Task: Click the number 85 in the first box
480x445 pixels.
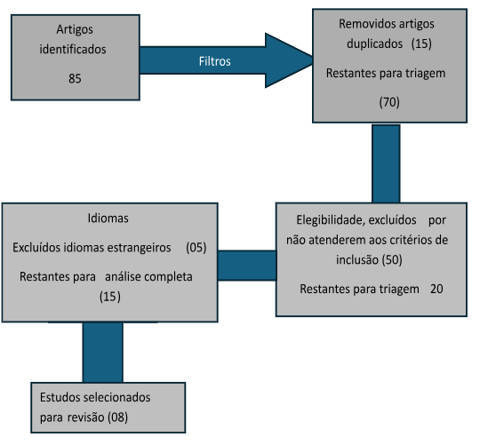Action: (x=75, y=78)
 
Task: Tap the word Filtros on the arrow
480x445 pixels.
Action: (x=214, y=61)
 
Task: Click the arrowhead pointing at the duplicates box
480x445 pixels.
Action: (x=289, y=60)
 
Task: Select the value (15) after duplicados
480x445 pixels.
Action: (x=421, y=44)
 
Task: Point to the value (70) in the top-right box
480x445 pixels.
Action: (x=389, y=102)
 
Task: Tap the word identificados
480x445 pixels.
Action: (x=73, y=49)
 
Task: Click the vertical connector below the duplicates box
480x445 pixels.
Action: (x=386, y=163)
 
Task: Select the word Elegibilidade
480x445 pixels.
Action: (x=331, y=220)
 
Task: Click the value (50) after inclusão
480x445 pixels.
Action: (x=392, y=260)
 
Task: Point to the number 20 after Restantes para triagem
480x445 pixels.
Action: (x=436, y=289)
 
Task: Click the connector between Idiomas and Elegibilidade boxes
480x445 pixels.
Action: (x=247, y=266)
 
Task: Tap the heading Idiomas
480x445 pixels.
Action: (x=108, y=219)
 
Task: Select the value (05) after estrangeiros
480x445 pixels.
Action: (x=196, y=248)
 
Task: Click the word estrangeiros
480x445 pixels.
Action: (x=139, y=248)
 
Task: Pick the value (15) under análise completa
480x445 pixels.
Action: (x=110, y=297)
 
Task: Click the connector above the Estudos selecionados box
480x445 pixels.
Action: (x=103, y=353)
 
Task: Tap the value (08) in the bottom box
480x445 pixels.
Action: (x=118, y=417)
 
